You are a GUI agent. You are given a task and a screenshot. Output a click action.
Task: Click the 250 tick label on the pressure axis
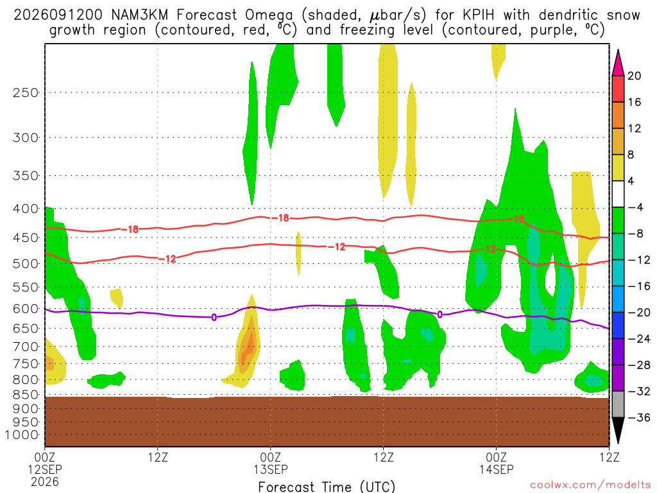26,92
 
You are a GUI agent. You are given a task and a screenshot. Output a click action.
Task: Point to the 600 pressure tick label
26,309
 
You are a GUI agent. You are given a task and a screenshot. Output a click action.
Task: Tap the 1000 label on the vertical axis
22,435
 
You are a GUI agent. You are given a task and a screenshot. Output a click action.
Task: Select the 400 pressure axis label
26,209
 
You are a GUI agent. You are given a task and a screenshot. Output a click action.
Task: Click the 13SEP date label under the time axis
270,469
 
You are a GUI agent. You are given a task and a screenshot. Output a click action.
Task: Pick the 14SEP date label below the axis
497,469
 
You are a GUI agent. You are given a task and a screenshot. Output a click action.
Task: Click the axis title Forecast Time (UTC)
327,487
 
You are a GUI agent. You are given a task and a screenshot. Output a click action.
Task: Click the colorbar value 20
635,76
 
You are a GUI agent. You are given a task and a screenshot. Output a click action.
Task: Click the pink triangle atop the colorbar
618,63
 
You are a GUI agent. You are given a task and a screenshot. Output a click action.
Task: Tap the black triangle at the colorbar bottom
618,430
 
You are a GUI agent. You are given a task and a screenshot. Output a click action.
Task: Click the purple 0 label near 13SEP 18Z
439,315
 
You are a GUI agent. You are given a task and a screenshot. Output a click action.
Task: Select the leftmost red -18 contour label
130,229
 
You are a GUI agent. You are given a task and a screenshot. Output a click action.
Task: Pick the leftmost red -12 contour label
167,259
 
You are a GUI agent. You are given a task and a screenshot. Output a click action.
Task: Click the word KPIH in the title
479,15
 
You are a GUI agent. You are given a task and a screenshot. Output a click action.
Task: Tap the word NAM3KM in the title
139,15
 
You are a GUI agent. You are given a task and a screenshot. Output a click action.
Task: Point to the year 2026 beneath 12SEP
45,481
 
